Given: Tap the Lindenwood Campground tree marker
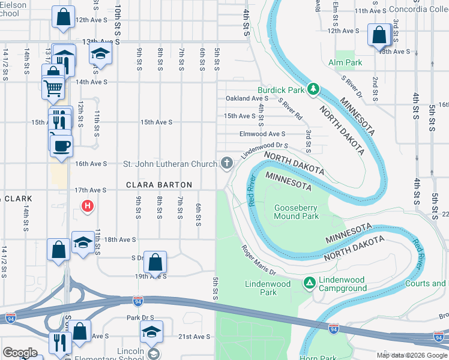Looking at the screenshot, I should click(309, 282).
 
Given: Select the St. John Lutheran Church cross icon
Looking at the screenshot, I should click(227, 163).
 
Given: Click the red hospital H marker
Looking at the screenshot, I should click(87, 207).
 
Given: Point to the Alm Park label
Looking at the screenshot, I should click(345, 62).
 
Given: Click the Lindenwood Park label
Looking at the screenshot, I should click(268, 288).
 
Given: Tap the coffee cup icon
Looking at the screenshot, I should click(61, 146).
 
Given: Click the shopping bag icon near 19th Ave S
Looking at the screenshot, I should click(155, 262).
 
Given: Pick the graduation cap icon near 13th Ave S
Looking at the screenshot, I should click(101, 54).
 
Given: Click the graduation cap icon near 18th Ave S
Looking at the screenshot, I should click(83, 242).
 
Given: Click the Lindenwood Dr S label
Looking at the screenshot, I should click(265, 148).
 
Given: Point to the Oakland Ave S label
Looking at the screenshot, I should click(246, 98).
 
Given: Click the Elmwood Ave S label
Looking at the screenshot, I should click(262, 134).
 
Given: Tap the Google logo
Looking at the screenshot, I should click(20, 353).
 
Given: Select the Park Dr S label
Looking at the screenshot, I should click(140, 317).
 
